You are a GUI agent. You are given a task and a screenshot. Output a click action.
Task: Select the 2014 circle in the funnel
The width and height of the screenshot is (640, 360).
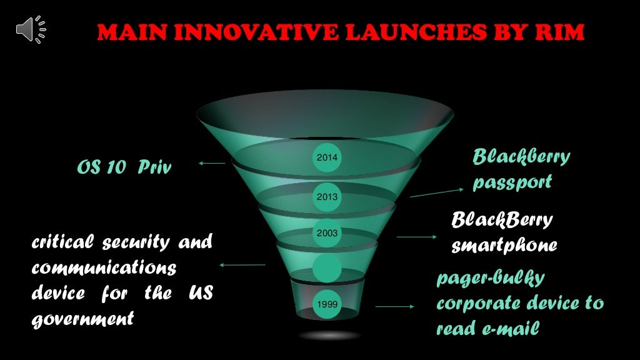tap(327, 157)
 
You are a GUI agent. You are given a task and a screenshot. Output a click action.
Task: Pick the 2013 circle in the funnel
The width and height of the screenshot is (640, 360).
tap(327, 197)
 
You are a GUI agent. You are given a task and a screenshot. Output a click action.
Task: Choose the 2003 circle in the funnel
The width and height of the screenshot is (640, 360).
tap(327, 233)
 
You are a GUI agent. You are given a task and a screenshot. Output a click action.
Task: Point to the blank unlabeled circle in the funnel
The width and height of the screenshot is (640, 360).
tap(327, 268)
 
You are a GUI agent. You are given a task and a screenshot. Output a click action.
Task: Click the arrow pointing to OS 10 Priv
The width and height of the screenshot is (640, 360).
tap(212, 164)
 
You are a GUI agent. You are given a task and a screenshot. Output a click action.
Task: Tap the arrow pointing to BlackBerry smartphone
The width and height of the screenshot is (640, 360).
tap(417, 237)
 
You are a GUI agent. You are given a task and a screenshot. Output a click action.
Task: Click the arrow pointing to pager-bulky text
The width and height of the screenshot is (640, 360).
tap(394, 307)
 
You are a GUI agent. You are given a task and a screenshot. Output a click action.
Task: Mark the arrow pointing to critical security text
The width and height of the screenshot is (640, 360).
tap(242, 265)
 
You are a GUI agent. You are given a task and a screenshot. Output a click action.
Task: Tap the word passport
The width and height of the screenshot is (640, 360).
tap(512, 182)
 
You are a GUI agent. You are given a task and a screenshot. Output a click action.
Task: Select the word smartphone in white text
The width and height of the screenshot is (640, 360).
tap(504, 246)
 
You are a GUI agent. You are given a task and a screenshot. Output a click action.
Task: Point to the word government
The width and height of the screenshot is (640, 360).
tap(82, 318)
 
